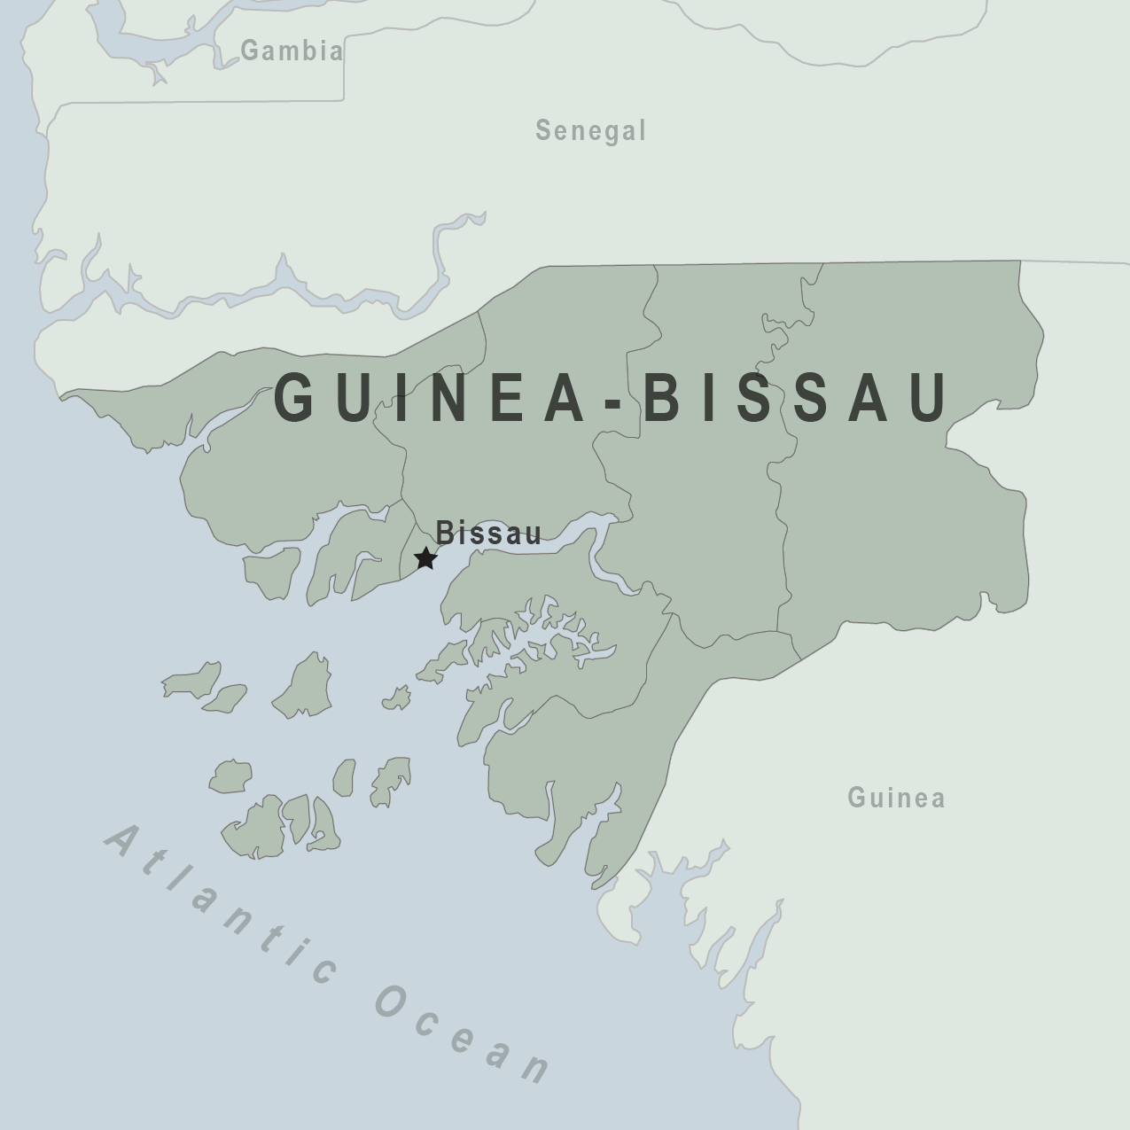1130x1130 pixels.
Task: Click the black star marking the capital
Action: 426,558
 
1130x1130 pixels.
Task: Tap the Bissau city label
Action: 488,534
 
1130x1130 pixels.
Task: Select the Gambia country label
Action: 292,51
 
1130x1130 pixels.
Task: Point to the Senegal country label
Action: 591,131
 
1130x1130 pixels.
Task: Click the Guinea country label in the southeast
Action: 896,798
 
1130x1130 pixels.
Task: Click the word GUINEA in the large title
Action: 430,397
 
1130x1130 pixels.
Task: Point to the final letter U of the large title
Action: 930,397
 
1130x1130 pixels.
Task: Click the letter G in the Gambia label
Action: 251,51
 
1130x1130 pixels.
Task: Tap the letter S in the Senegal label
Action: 544,131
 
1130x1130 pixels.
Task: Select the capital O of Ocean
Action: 393,1001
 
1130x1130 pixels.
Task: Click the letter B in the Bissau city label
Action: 445,534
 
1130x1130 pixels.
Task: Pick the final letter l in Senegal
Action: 642,131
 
